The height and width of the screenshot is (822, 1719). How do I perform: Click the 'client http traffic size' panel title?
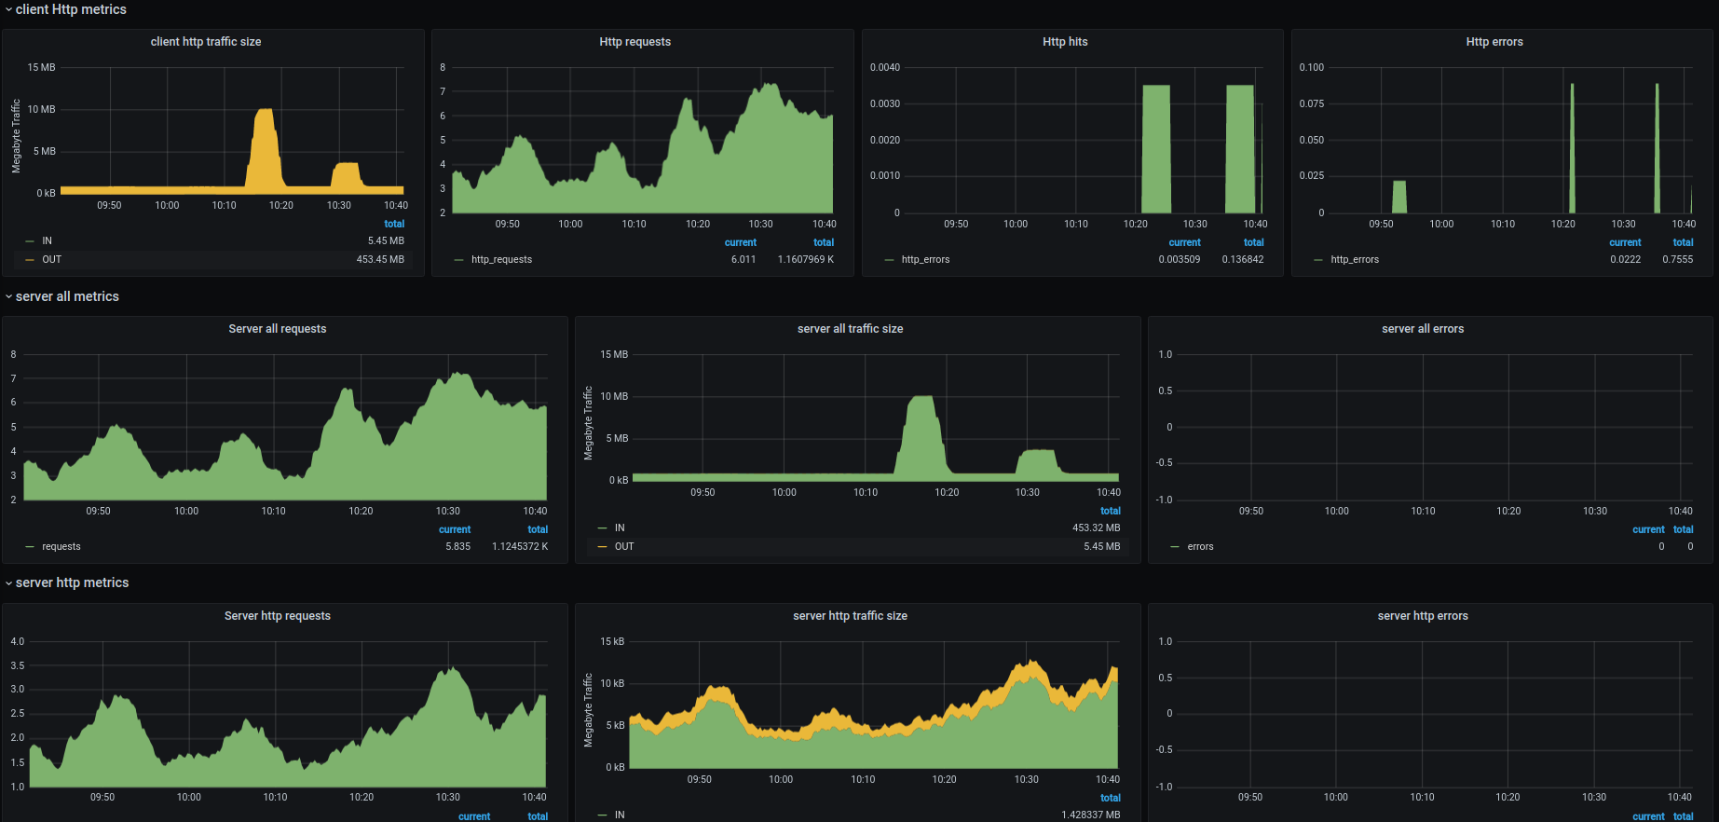[x=206, y=42]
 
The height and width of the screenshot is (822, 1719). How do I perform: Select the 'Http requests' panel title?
[x=634, y=42]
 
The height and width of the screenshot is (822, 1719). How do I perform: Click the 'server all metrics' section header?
[x=67, y=296]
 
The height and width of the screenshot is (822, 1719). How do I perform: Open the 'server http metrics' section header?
[x=72, y=582]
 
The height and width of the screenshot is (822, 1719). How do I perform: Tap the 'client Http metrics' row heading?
[x=71, y=9]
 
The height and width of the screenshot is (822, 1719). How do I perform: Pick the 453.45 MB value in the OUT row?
[x=380, y=259]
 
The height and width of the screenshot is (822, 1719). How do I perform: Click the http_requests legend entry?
[x=501, y=259]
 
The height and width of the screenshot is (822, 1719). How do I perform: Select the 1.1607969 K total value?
[x=806, y=259]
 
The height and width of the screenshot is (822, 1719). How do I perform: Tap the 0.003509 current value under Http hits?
[x=1179, y=259]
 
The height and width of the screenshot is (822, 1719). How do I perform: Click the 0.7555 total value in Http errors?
[x=1677, y=259]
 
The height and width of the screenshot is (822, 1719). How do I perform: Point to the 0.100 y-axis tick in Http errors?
[x=1311, y=67]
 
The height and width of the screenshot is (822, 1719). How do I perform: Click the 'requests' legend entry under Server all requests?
[x=61, y=546]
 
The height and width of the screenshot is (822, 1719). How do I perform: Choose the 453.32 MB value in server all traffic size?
[x=1096, y=527]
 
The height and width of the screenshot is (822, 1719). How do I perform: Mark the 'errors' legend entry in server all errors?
[x=1200, y=546]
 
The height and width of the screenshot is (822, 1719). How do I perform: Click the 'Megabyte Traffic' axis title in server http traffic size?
[x=588, y=710]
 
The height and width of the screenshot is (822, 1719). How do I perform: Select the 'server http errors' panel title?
[x=1422, y=616]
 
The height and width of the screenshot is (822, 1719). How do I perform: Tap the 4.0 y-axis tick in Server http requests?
[x=18, y=641]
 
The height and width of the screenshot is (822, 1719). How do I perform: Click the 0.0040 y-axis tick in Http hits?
[x=884, y=67]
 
